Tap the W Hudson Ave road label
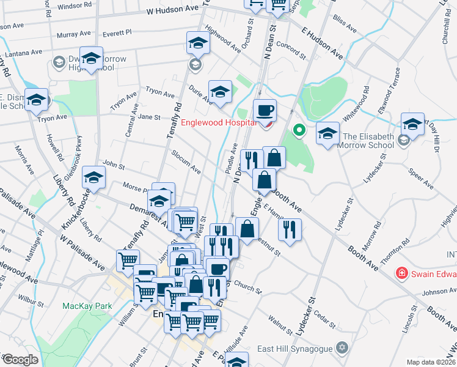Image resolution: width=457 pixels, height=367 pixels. click(174, 10)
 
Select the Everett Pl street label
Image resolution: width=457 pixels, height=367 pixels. click(117, 33)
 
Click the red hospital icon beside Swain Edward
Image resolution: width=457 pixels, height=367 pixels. click(402, 272)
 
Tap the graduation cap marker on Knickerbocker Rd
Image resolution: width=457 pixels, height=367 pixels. click(94, 177)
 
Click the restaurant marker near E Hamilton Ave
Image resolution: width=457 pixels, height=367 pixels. click(290, 229)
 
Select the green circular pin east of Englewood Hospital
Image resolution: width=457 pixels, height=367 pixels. click(299, 129)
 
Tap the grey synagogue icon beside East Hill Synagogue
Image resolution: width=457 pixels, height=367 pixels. click(343, 348)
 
